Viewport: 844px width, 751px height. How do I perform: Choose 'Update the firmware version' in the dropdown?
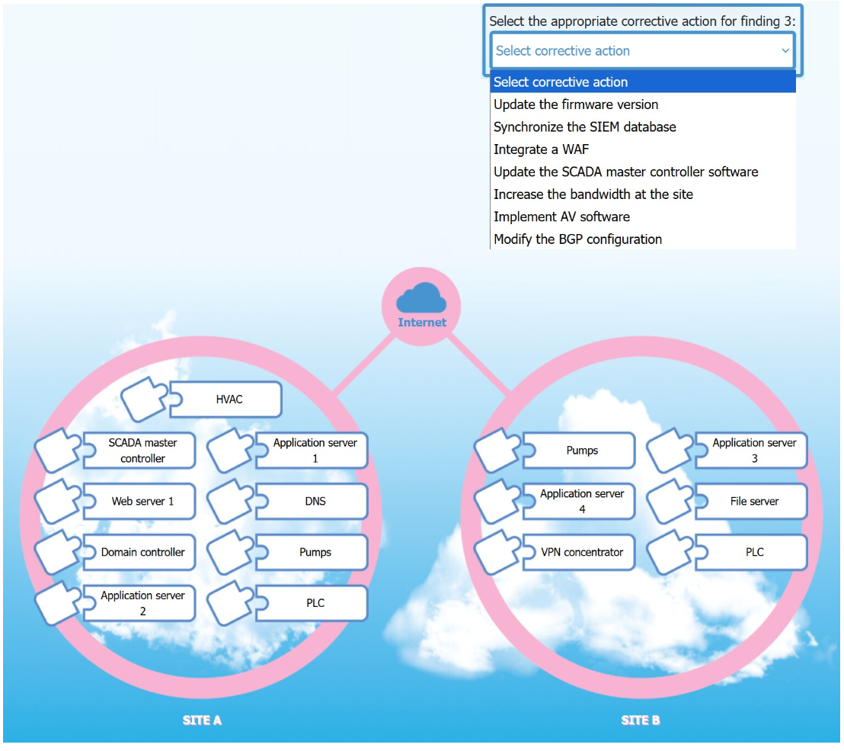tap(575, 104)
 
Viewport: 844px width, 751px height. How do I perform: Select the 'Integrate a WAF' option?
tap(541, 149)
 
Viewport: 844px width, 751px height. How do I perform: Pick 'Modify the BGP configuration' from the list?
tap(577, 239)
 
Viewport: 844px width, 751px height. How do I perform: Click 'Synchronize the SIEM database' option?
tap(584, 127)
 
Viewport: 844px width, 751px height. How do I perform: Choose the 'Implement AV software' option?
tap(561, 217)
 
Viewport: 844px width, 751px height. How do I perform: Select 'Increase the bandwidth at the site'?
tap(593, 194)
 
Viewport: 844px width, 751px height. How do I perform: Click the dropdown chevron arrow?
tap(785, 50)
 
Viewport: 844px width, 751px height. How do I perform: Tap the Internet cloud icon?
tap(421, 298)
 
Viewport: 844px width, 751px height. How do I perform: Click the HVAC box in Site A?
tap(226, 400)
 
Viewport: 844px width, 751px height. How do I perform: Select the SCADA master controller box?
tap(139, 451)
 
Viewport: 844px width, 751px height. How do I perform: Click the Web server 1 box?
tap(139, 501)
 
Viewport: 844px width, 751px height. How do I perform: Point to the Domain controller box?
tap(139, 552)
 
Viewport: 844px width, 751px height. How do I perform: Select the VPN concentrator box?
tap(579, 552)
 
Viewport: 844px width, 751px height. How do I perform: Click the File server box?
tap(751, 501)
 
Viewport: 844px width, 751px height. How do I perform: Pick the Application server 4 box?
tap(579, 501)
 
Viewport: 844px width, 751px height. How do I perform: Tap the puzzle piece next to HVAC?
tap(143, 400)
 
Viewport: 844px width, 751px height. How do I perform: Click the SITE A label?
tap(202, 721)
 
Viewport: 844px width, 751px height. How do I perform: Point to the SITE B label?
tap(641, 721)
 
